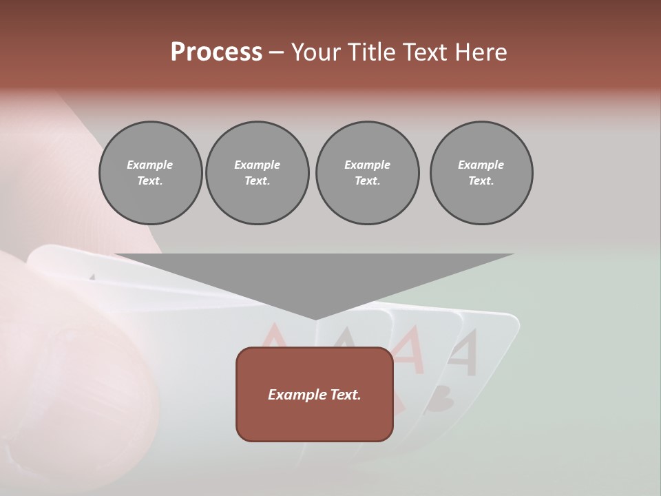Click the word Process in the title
[216, 52]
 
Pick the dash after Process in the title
[276, 53]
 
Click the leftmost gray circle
[150, 173]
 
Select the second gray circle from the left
[258, 173]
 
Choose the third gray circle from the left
[367, 173]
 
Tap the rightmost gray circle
[481, 173]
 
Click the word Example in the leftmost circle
[150, 165]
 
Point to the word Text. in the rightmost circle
[481, 181]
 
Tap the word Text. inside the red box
[345, 395]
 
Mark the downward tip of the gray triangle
[315, 318]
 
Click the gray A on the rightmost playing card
[463, 352]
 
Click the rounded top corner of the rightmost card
[512, 320]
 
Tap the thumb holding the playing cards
[76, 358]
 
